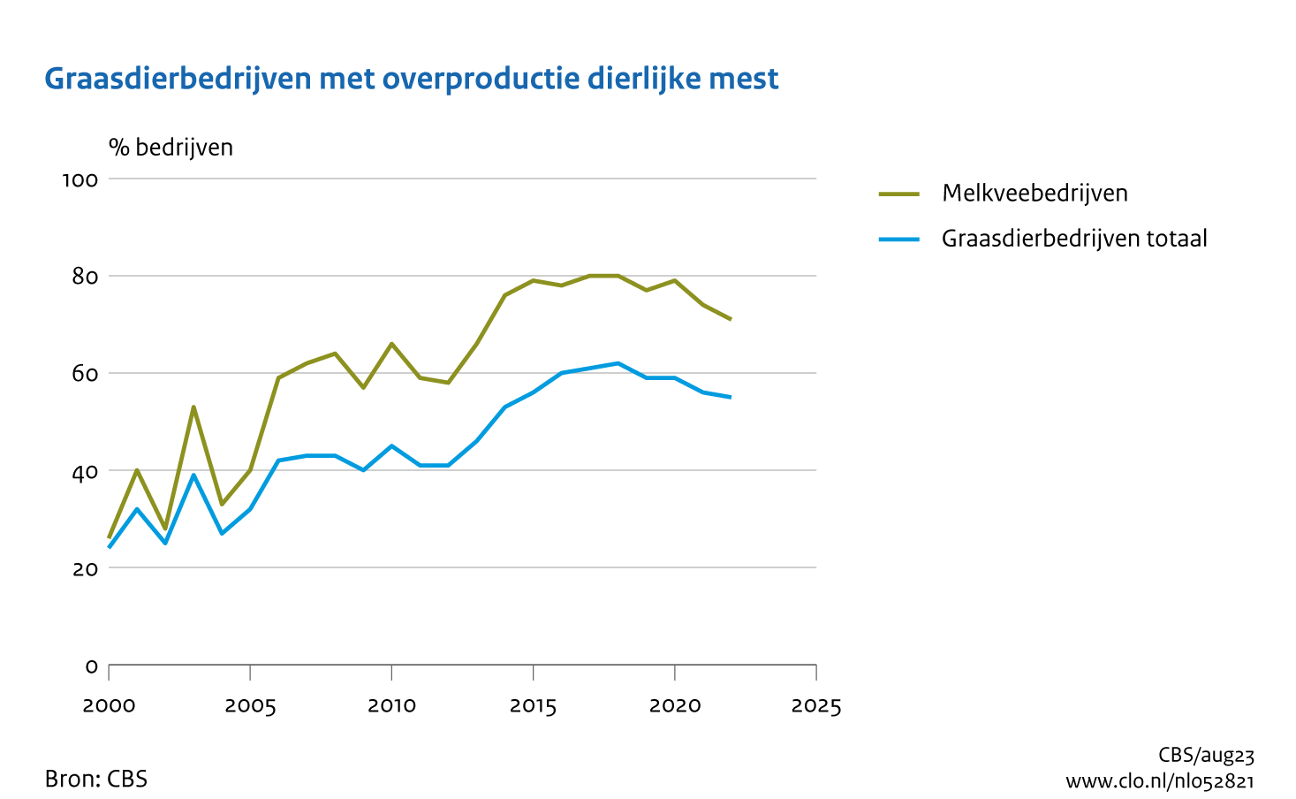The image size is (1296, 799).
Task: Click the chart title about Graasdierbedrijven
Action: pyautogui.click(x=412, y=79)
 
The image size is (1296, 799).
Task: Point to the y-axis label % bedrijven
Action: pyautogui.click(x=171, y=148)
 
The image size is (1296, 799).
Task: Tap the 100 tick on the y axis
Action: pyautogui.click(x=80, y=180)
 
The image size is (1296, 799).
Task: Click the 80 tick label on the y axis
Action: pyautogui.click(x=85, y=277)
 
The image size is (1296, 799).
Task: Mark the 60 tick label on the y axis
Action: pyautogui.click(x=85, y=374)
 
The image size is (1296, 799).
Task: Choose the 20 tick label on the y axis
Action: pyautogui.click(x=85, y=568)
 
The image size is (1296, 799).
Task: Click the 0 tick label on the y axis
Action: pyautogui.click(x=91, y=666)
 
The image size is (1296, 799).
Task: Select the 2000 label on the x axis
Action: pyautogui.click(x=109, y=706)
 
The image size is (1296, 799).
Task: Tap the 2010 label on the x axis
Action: pyautogui.click(x=391, y=706)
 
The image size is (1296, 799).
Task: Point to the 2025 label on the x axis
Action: pyautogui.click(x=815, y=706)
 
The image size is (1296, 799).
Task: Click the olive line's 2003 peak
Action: pyautogui.click(x=193, y=407)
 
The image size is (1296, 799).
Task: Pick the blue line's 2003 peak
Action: pyautogui.click(x=193, y=475)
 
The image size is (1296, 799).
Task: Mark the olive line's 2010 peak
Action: pyautogui.click(x=391, y=344)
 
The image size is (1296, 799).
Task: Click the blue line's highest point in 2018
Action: pyautogui.click(x=618, y=363)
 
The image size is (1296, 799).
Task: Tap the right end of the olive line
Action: pyautogui.click(x=731, y=319)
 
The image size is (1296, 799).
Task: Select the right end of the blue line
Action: pyautogui.click(x=731, y=397)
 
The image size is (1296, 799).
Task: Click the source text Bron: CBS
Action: pyautogui.click(x=96, y=780)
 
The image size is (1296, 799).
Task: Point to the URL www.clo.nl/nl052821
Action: pyautogui.click(x=1159, y=781)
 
